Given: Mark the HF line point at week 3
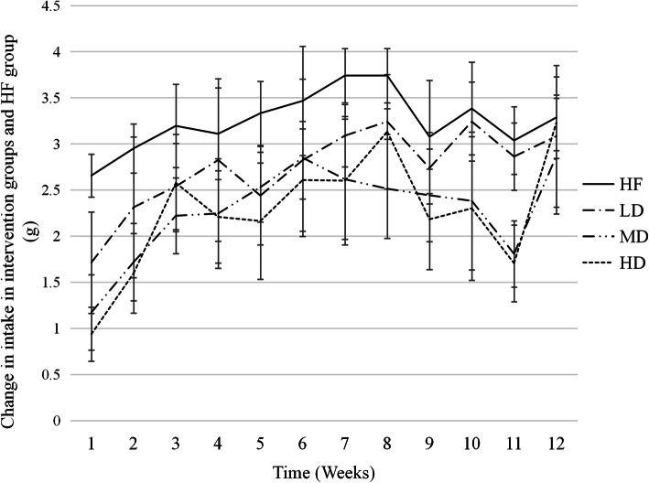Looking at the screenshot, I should click(191, 126).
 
